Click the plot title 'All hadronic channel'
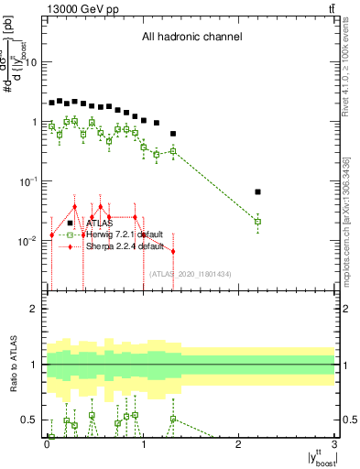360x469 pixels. pyautogui.click(x=191, y=38)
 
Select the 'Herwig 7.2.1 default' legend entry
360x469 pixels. pyautogui.click(x=125, y=234)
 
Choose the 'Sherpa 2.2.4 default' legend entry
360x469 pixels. pyautogui.click(x=125, y=246)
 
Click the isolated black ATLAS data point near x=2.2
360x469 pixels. pyautogui.click(x=258, y=192)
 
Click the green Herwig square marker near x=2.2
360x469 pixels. pyautogui.click(x=258, y=222)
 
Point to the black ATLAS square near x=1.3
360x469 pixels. pyautogui.click(x=173, y=134)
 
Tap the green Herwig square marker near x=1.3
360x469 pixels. pyautogui.click(x=173, y=151)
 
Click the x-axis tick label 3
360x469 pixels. pyautogui.click(x=335, y=443)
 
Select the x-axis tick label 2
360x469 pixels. pyautogui.click(x=239, y=443)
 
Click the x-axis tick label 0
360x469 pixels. pyautogui.click(x=47, y=443)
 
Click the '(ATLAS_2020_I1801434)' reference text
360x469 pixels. pyautogui.click(x=190, y=273)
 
